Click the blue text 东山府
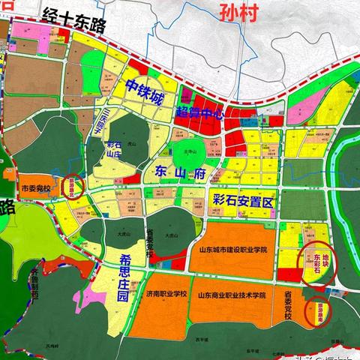point(184,173)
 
